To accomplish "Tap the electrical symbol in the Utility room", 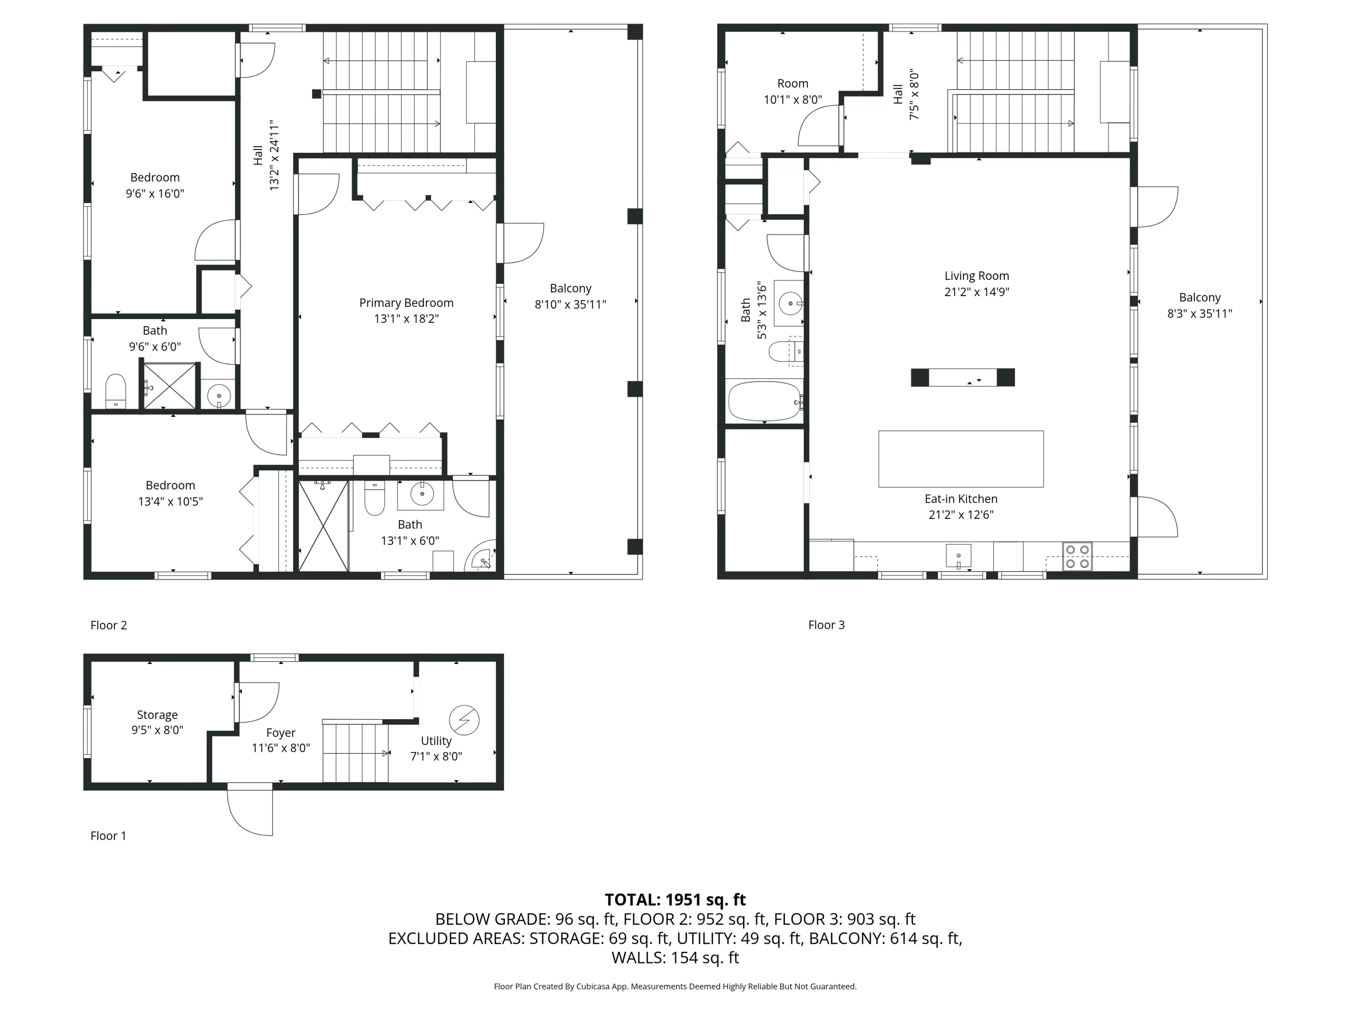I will click(464, 720).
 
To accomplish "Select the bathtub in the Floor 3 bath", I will click(765, 402).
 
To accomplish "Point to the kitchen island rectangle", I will click(961, 459).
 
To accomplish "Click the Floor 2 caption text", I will click(109, 625).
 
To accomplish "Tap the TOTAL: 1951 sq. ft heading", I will click(675, 900).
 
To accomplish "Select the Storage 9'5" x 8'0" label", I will click(157, 722).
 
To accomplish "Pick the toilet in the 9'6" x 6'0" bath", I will click(115, 390).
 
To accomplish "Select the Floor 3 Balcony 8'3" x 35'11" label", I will click(1200, 305).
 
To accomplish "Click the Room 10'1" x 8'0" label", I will click(793, 91).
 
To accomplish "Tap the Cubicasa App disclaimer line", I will click(675, 986).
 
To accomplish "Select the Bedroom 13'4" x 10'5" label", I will click(170, 493).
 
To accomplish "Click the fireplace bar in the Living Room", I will click(962, 378).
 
